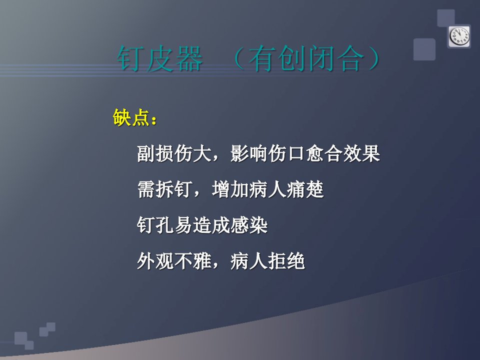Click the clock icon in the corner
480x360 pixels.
click(x=459, y=36)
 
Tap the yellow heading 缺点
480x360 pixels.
click(x=131, y=117)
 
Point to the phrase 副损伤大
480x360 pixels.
click(x=174, y=153)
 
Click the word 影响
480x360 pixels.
click(x=249, y=153)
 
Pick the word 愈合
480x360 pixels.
click(x=324, y=153)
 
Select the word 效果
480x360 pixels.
click(x=361, y=153)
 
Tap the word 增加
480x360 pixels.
click(x=230, y=189)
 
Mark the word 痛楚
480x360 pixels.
click(x=305, y=189)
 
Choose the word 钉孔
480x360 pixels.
click(x=155, y=225)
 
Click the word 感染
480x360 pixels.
click(x=249, y=225)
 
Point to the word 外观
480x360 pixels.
click(x=155, y=261)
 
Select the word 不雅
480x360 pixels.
click(x=192, y=261)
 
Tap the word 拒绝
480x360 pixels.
click(x=286, y=261)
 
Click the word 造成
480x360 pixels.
click(x=211, y=225)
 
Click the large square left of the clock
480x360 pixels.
click(x=424, y=49)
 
